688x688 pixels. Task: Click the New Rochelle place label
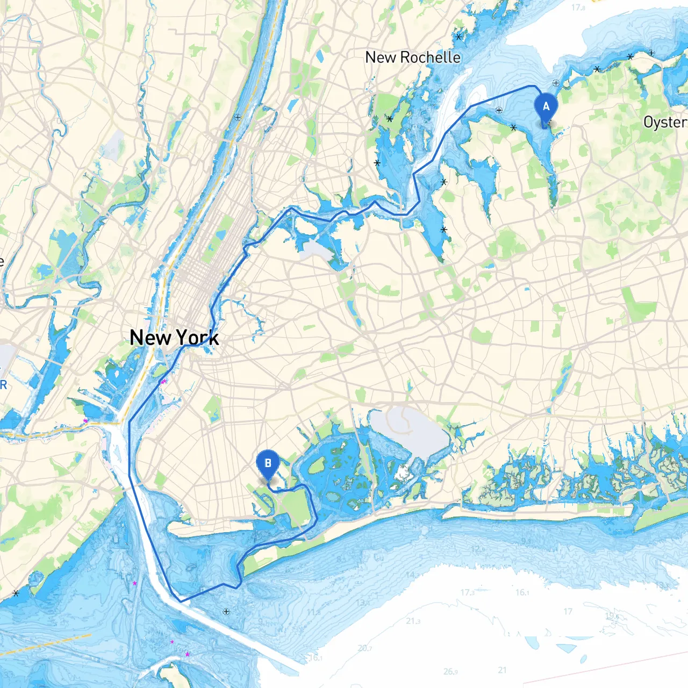coord(413,58)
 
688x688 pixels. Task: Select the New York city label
coord(174,338)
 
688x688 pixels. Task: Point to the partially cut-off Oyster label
coord(665,123)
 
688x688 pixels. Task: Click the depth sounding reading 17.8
coord(578,8)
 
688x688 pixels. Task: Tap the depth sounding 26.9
coord(450,671)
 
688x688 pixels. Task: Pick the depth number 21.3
coord(413,621)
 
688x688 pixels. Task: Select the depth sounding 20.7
coord(364,648)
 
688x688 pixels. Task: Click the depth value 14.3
coord(413,575)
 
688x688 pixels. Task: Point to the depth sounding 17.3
coord(467,592)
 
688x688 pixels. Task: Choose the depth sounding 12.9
coord(478,549)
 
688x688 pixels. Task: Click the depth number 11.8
coord(314,612)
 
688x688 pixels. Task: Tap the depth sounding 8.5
coord(342,560)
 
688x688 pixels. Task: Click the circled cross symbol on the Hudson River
coord(238,117)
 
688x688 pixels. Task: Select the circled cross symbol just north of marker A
coord(556,83)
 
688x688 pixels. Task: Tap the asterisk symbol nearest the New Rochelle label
coord(458,37)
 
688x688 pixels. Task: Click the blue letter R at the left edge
coord(3,385)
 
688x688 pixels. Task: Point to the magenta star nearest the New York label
coord(163,382)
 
